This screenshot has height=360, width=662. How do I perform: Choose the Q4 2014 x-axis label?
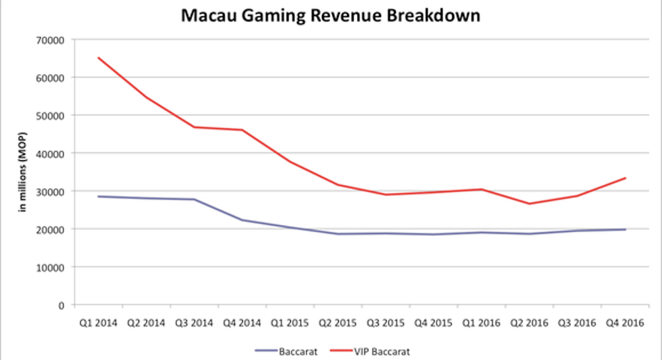click(241, 323)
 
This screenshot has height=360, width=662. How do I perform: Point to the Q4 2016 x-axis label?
click(624, 323)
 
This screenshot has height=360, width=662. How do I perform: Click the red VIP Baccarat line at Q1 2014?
click(100, 58)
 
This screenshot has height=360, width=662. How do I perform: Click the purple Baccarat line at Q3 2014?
click(194, 199)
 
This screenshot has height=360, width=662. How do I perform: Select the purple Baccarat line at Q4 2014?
click(242, 220)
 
